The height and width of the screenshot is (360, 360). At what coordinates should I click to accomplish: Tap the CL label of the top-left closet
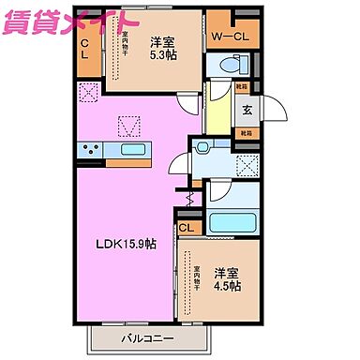tap(84, 46)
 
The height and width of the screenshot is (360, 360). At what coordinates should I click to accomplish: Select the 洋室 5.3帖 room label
tap(160, 47)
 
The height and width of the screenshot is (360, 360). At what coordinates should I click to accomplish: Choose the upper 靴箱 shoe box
tap(242, 86)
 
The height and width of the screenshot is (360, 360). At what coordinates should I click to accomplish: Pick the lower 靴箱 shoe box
tap(245, 133)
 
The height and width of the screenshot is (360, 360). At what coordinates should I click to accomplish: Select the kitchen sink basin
tap(132, 149)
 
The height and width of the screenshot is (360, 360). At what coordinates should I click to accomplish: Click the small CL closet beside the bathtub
tap(186, 228)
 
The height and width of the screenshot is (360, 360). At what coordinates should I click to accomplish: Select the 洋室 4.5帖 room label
tap(226, 279)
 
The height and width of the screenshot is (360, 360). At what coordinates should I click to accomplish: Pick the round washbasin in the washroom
tap(202, 149)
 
